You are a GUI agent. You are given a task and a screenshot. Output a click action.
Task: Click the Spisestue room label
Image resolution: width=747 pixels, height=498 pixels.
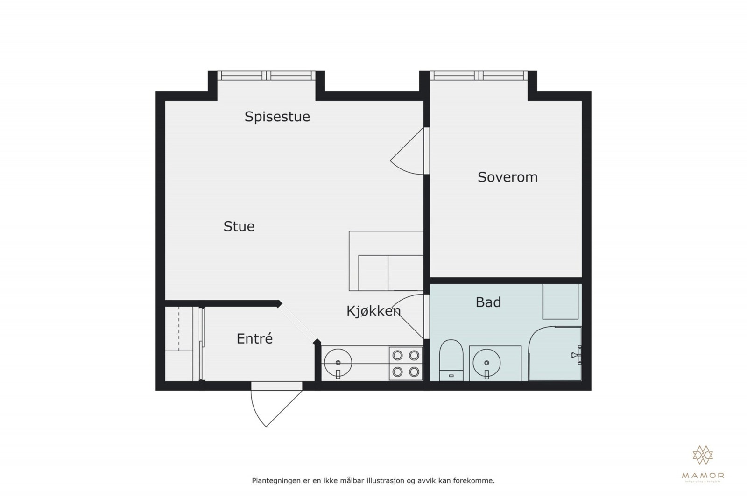pos(277,117)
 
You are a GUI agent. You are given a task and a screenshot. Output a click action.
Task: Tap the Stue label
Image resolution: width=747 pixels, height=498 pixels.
pos(239,227)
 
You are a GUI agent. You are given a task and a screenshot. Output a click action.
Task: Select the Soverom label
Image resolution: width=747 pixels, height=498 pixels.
pos(507,177)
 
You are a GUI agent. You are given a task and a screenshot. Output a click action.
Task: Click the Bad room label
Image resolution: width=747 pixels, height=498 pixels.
pos(488,302)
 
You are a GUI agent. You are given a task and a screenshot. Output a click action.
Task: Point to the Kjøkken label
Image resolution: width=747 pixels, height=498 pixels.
pos(373,311)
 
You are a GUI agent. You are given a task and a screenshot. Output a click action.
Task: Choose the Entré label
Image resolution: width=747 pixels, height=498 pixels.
pos(254,339)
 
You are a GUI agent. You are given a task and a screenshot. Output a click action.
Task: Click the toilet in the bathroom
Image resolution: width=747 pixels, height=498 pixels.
pos(451,359)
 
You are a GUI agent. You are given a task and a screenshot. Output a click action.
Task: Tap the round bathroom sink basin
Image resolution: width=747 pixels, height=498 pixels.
pos(486,363)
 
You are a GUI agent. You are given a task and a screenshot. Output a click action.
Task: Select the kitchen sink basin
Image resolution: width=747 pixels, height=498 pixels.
pos(338,362)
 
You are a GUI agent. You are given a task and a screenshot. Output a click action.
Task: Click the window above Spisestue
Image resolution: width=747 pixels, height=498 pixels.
pos(266,76)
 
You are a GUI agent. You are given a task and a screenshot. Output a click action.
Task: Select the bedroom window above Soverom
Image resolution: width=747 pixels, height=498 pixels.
pos(478,76)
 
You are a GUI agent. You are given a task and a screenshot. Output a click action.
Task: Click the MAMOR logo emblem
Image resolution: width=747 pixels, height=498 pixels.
pos(703,455)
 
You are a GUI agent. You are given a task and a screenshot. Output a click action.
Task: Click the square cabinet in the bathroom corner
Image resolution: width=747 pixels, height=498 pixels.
pos(560,302)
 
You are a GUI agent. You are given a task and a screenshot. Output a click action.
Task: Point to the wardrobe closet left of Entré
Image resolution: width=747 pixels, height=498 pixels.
pos(179,343)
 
